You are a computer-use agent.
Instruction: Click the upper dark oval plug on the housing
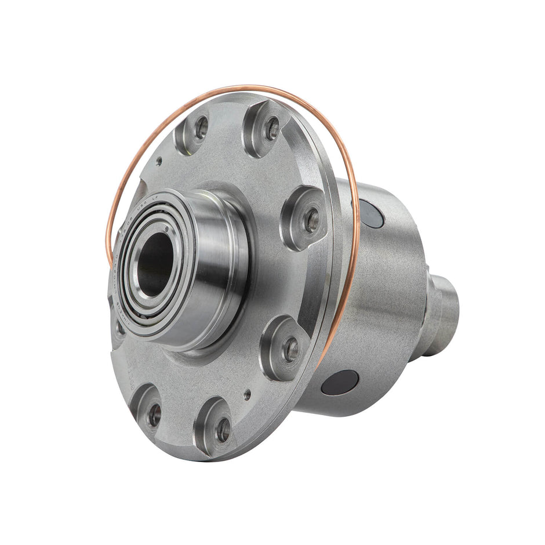pos(371,213)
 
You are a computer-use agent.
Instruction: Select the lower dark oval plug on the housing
pos(340,383)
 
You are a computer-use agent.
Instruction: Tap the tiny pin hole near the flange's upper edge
pos(158,162)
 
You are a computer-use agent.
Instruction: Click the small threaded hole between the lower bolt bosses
pos(248,394)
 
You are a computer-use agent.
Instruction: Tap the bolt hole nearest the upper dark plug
pos(312,220)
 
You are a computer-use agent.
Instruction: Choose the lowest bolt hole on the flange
pos(223,430)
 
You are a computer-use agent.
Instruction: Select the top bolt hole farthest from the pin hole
pos(272,128)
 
